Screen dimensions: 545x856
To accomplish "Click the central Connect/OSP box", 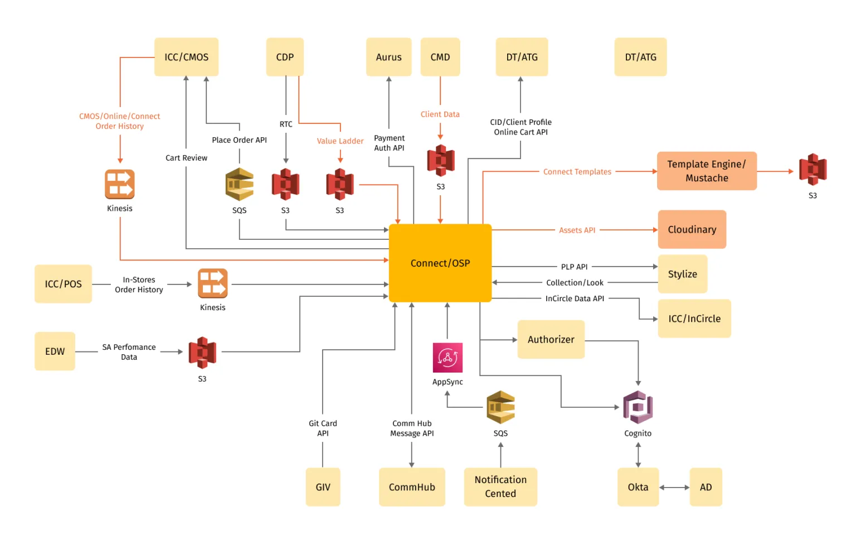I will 440,263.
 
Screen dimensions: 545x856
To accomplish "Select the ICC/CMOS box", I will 186,57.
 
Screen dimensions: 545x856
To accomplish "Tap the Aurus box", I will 388,57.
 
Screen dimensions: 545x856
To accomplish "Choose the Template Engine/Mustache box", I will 706,171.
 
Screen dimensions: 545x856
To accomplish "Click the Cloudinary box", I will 692,229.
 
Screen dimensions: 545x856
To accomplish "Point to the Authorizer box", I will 551,339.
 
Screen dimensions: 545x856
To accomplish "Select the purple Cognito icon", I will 638,407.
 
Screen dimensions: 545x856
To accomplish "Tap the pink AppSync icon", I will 448,358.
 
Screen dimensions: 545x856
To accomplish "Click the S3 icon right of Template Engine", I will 813,170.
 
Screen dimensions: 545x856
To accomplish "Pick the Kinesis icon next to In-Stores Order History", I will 212,283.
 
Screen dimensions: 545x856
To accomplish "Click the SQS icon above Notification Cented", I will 500,407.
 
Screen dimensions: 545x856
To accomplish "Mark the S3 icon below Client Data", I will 440,161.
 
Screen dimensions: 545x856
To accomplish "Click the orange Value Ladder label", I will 340,141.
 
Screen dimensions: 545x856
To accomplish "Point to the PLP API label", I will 574,267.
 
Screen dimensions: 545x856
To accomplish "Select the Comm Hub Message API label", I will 412,428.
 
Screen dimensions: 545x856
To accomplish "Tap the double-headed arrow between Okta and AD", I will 674,487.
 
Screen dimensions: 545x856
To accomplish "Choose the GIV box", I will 323,487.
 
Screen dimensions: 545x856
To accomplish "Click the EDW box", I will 55,351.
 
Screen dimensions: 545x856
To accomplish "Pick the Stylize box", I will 682,274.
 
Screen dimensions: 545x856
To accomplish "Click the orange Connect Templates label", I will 577,172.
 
